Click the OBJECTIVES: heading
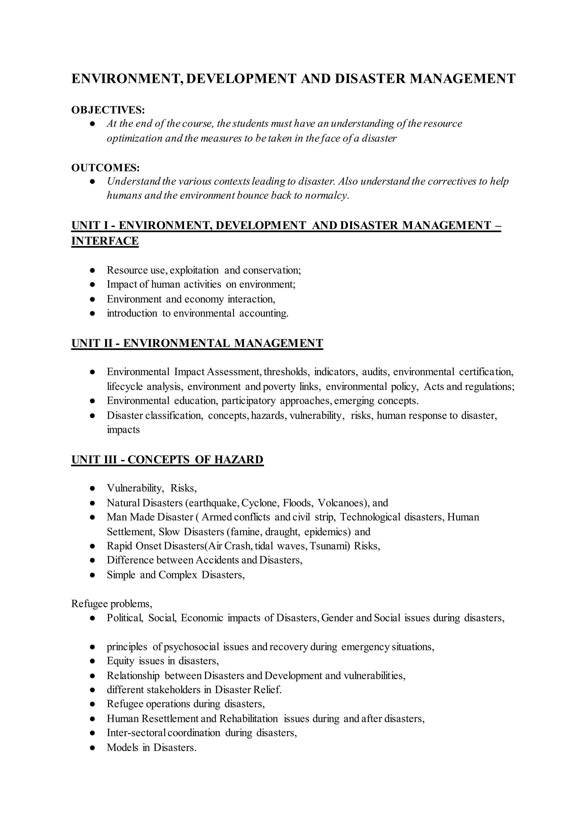(108, 110)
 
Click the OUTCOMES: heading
(105, 168)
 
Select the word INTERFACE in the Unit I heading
(105, 241)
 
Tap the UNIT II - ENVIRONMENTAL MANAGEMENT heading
(197, 343)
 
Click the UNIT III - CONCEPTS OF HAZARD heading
(167, 459)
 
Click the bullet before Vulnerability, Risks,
(92, 488)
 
